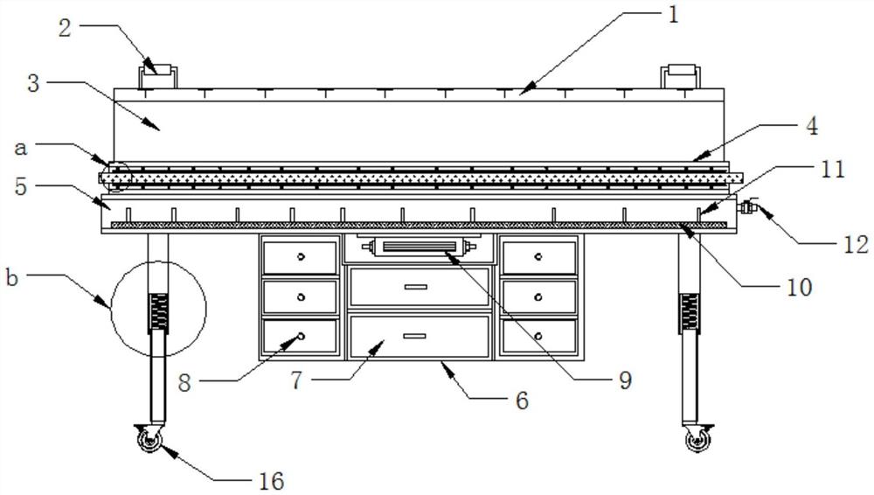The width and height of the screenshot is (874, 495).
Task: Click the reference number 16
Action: pyautogui.click(x=271, y=479)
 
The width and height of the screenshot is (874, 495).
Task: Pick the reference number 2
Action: pyautogui.click(x=64, y=26)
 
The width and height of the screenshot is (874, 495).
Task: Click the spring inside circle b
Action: pyautogui.click(x=159, y=312)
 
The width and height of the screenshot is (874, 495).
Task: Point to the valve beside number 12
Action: pyautogui.click(x=747, y=208)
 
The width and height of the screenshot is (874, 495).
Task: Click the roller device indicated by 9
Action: pyautogui.click(x=419, y=247)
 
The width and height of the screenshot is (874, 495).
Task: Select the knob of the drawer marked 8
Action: pyautogui.click(x=300, y=336)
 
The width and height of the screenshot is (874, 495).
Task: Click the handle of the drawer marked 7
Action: pyautogui.click(x=415, y=336)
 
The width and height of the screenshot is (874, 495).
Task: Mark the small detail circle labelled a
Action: pyautogui.click(x=115, y=177)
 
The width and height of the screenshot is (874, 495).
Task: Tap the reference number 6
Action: pyautogui.click(x=522, y=400)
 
